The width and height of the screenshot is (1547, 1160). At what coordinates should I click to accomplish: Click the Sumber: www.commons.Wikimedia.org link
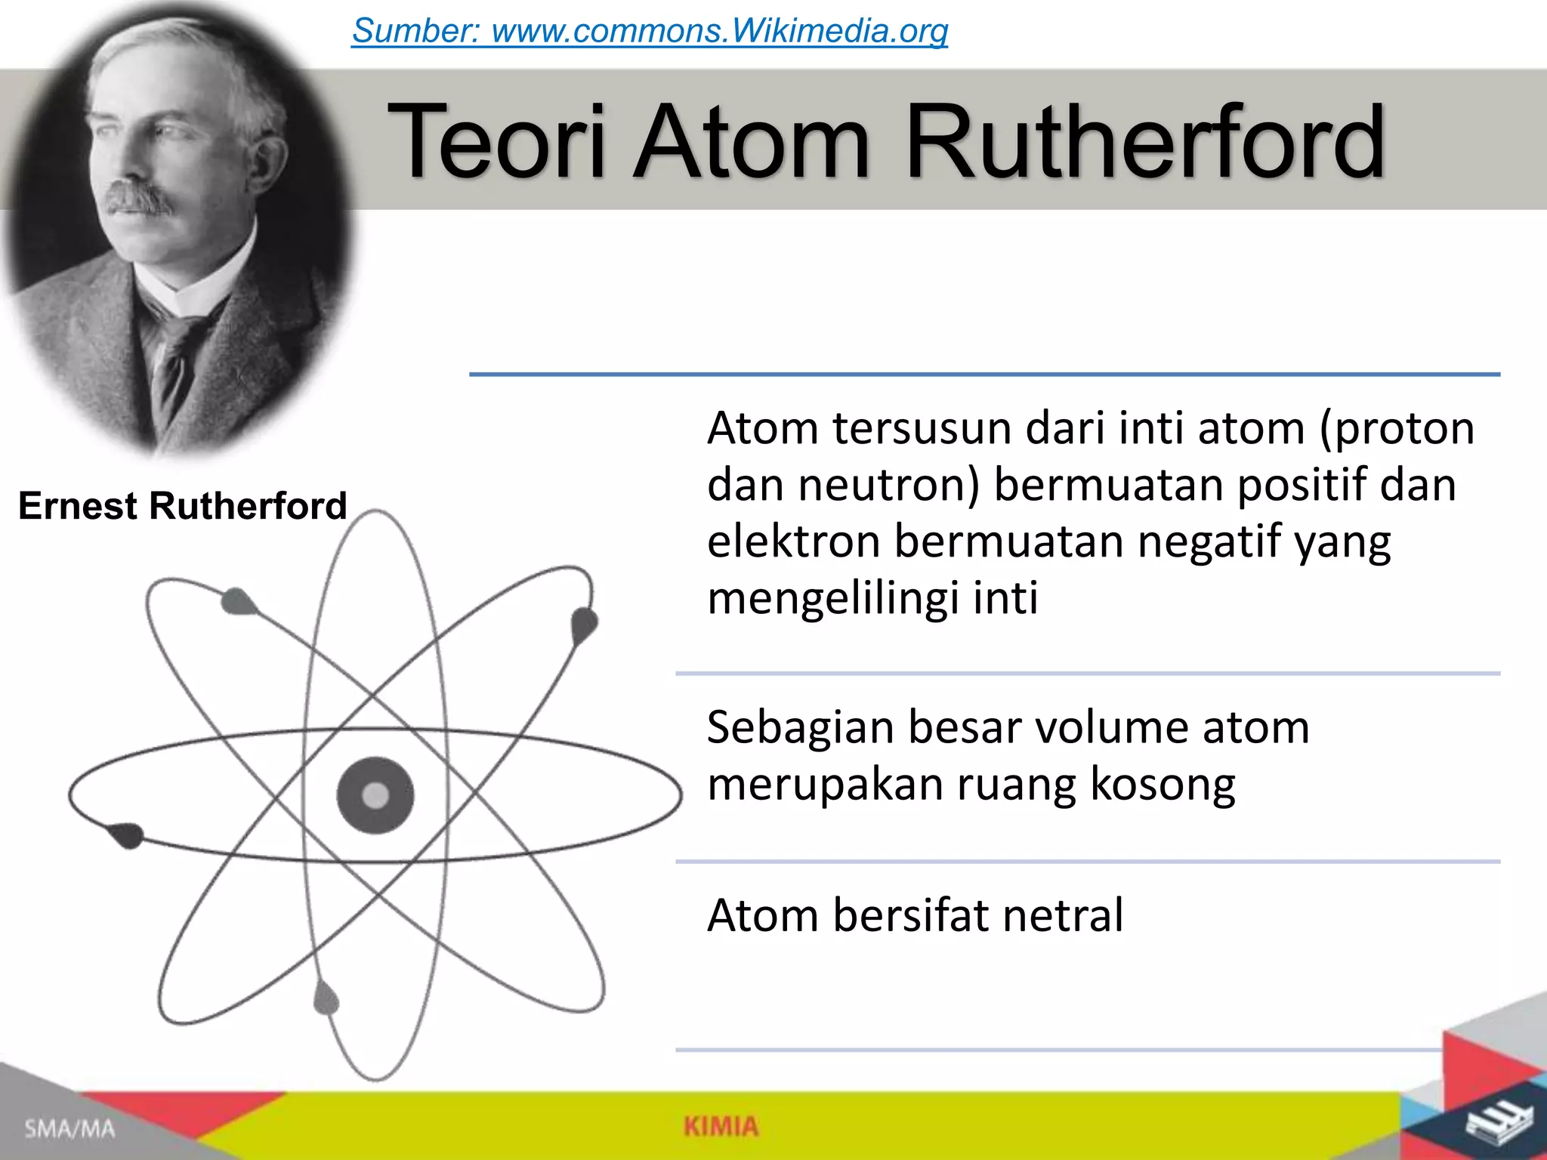pos(650,31)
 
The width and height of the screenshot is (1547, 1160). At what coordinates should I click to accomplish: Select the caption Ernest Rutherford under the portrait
pos(182,505)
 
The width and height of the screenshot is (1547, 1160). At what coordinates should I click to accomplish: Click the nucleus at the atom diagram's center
pos(375,795)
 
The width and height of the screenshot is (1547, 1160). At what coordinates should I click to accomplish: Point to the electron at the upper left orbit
pos(238,601)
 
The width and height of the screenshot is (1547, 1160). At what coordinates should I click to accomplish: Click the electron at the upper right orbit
pos(584,625)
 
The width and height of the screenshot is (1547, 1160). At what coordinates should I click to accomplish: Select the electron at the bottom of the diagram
pos(326,998)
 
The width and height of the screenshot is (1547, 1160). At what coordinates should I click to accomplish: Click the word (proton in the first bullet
pos(1397,428)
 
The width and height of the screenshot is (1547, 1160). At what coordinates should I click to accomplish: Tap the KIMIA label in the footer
pos(721,1127)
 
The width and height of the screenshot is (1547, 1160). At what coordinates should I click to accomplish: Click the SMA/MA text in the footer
pos(69,1129)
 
